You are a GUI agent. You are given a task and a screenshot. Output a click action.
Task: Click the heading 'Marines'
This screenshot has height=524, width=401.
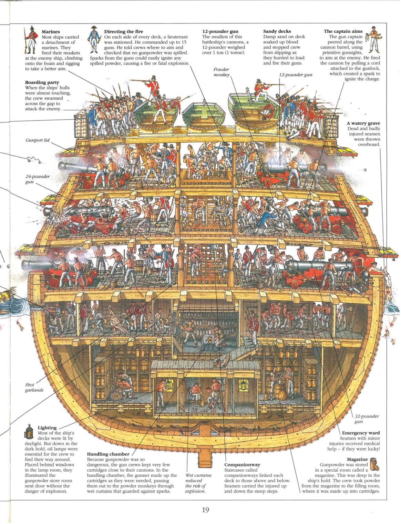[51, 32]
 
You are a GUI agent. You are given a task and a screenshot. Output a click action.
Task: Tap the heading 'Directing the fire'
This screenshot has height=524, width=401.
[123, 31]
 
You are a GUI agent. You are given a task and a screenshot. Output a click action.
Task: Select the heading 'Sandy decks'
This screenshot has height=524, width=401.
[277, 31]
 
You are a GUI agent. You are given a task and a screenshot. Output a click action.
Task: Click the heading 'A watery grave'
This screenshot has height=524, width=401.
[363, 123]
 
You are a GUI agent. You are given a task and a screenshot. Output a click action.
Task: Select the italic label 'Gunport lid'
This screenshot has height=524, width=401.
[37, 140]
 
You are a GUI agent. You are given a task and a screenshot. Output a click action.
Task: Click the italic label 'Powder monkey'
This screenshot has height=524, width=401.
[221, 72]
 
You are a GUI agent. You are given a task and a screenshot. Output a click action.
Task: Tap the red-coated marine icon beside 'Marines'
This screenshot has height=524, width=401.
[31, 40]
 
